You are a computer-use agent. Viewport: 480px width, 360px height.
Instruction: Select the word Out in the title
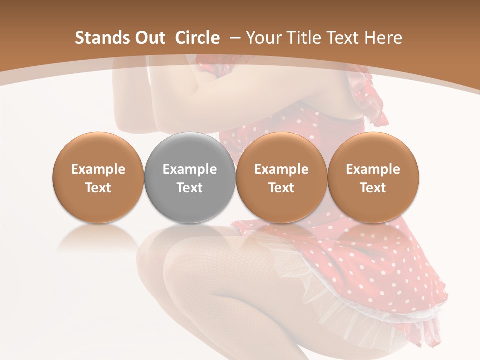[149, 38]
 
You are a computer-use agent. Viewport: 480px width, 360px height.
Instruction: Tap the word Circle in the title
[197, 38]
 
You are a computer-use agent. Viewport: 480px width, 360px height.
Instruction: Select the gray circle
[190, 177]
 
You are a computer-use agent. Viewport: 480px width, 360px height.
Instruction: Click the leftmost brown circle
[98, 177]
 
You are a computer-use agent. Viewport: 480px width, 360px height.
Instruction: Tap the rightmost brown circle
[373, 177]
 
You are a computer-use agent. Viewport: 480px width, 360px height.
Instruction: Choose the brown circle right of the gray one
[281, 177]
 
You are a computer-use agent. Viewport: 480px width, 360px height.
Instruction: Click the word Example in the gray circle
[190, 169]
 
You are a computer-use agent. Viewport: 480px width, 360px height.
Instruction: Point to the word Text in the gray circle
[190, 188]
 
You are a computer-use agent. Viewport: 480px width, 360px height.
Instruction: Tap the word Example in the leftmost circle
[98, 169]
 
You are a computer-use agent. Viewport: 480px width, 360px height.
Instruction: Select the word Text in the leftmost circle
[98, 188]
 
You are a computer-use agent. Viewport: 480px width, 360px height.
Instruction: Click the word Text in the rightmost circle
[373, 188]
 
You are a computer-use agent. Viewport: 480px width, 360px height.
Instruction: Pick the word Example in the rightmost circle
[373, 169]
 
